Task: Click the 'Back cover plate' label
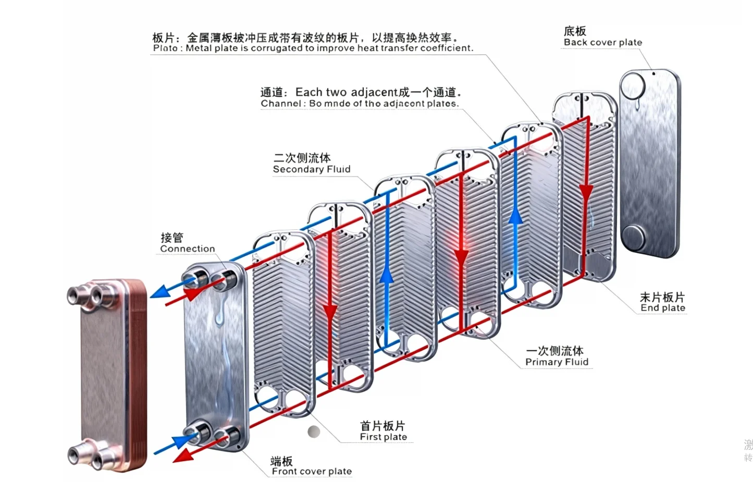602,43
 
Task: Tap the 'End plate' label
662,308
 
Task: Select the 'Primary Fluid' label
557,362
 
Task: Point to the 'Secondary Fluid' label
312,169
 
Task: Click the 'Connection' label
187,249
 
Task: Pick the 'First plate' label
383,437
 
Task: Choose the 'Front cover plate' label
312,472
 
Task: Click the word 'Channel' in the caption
280,104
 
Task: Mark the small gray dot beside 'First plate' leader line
314,431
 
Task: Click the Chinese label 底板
575,31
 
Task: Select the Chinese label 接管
172,238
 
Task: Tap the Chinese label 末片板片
662,297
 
